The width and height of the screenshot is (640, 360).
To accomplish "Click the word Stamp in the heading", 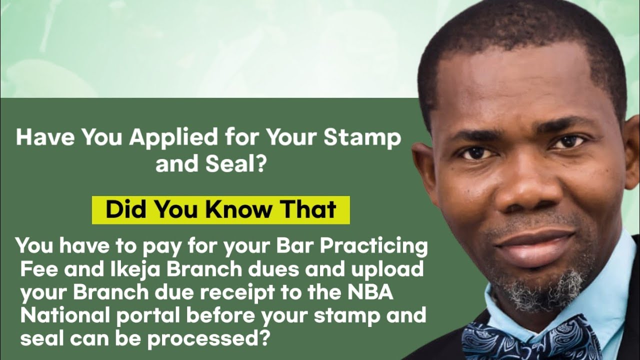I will coord(363,138).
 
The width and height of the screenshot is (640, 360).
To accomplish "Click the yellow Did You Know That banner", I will coord(220,210).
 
